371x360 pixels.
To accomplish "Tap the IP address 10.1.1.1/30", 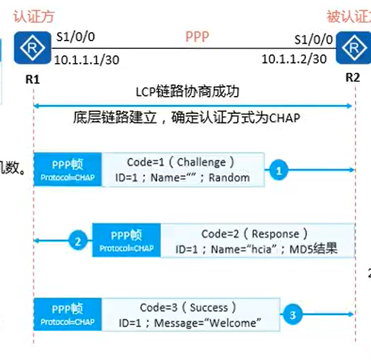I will [86, 60].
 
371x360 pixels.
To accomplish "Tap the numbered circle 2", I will [78, 242].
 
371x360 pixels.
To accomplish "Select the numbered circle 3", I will [293, 315].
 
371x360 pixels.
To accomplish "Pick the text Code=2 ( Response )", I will [254, 234].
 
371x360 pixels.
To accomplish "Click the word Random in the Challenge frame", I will [229, 177].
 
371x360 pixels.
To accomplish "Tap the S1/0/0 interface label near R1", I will [75, 39].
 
